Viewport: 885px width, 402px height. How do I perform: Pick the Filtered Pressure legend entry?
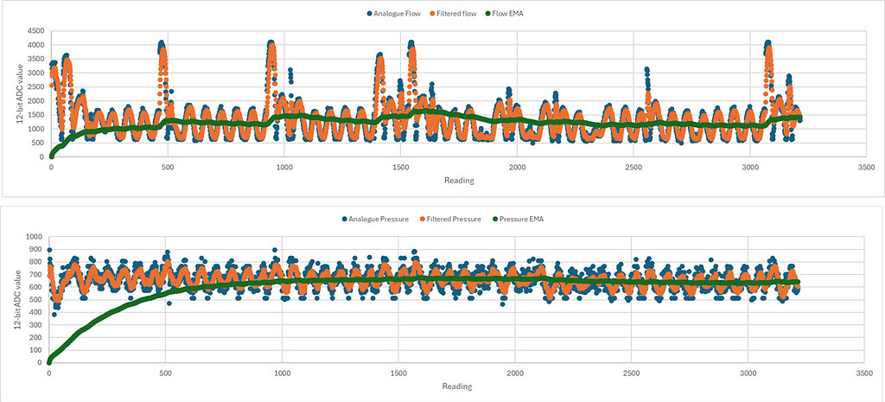point(458,219)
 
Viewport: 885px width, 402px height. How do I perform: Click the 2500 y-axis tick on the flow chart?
point(34,86)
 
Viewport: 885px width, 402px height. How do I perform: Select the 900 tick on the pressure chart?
point(35,249)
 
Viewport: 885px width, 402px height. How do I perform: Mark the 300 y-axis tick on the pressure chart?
point(35,325)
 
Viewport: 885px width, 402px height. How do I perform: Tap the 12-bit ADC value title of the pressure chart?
point(10,299)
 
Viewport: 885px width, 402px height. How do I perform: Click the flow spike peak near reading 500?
point(162,43)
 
